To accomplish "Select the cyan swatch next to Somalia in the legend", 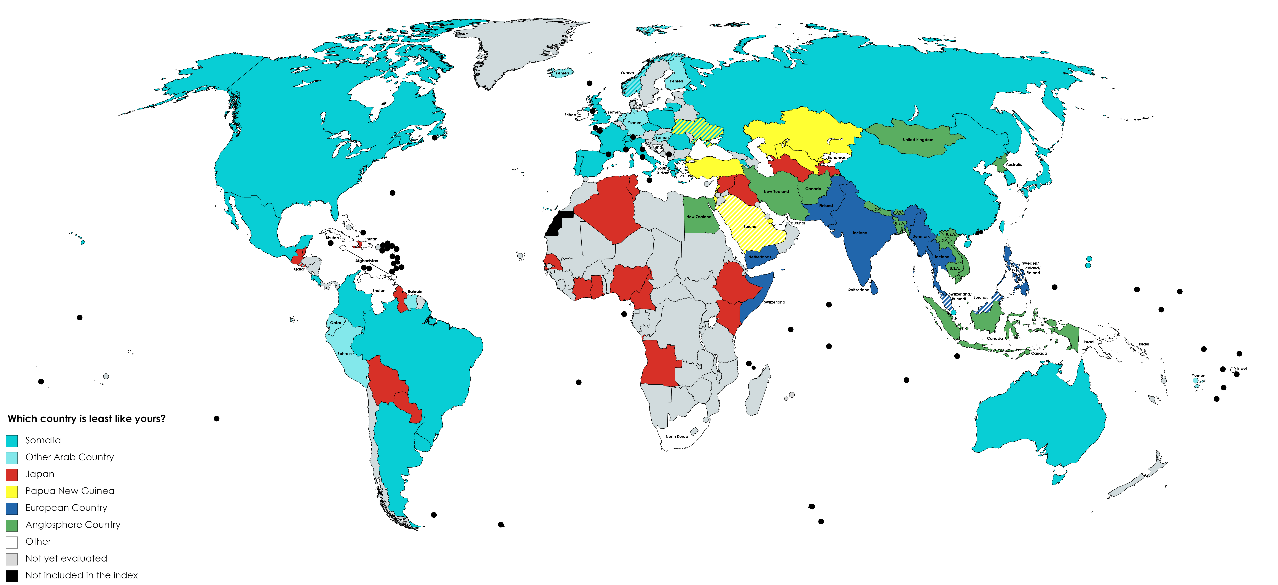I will (x=12, y=441).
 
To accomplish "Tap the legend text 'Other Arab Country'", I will (x=69, y=457).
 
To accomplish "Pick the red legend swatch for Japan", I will (x=12, y=474).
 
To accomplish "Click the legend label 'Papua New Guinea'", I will (x=69, y=491).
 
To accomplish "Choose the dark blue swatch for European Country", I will (x=12, y=508).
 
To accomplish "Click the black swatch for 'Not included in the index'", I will (x=12, y=576).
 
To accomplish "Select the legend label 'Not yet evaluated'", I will (x=66, y=558).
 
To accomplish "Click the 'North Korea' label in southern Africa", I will (x=677, y=437).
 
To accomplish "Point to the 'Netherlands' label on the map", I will (x=759, y=257).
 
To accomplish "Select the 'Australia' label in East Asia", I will (x=1014, y=164).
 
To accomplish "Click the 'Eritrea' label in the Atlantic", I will (x=571, y=115).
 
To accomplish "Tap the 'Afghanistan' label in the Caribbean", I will (x=367, y=261).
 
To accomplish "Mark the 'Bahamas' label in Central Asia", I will (x=836, y=157).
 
